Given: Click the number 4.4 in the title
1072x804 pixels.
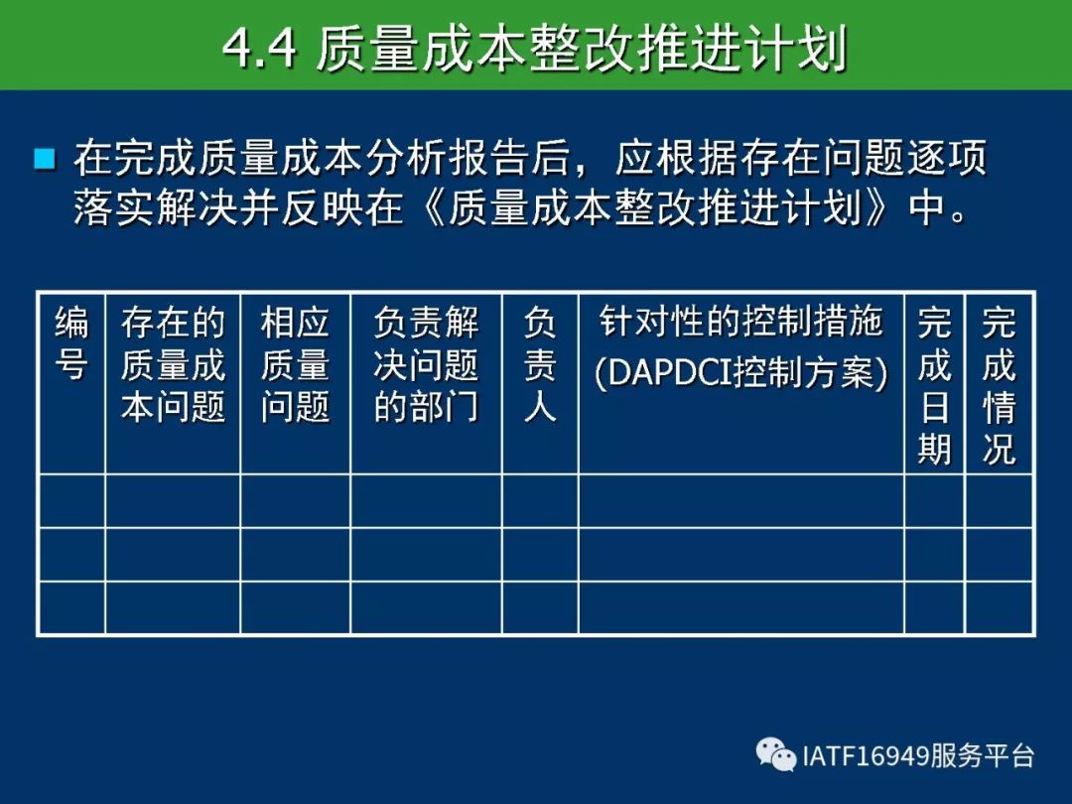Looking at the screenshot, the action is coord(259,49).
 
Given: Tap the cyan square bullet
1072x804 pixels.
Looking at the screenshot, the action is coord(45,159).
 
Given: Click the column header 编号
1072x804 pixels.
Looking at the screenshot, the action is coord(71,343).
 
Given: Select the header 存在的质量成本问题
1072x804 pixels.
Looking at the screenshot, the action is coord(173,365).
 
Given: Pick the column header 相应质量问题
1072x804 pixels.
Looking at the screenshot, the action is coord(296,365).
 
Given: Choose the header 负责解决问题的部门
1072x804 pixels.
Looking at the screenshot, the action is coord(426,365).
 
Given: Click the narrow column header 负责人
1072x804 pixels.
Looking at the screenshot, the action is coord(540,365).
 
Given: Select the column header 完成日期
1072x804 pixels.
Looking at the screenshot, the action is coord(935,386).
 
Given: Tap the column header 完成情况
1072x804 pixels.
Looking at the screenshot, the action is coord(999,386).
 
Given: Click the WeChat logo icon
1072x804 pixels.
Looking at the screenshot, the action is coord(776,754).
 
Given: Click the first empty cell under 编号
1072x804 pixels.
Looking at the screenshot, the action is coord(71,501).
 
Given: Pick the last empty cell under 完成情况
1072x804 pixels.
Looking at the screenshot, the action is coord(999,607).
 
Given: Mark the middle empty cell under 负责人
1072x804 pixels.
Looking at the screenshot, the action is coord(540,555).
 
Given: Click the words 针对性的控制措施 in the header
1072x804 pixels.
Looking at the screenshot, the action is coord(741,322).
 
